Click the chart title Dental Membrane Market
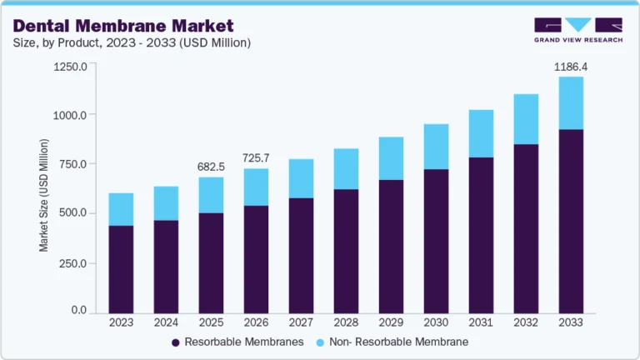tap(122, 26)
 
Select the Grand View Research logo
tap(578, 31)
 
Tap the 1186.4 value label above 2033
tap(571, 65)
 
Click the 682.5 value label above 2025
tap(211, 166)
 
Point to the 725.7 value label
tap(256, 157)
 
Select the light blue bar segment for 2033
tap(571, 103)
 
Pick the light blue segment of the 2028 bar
tap(346, 169)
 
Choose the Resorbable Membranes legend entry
tap(237, 342)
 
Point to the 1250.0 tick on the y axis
tap(70, 67)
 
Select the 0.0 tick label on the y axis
tap(78, 311)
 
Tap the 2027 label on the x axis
tap(301, 322)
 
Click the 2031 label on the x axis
tap(481, 322)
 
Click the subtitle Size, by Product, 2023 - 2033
tap(132, 42)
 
